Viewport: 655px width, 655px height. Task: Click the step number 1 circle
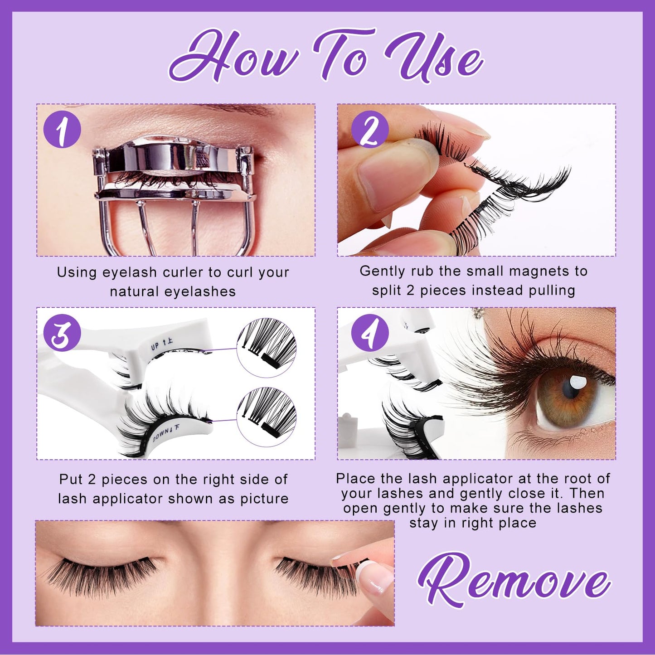62,130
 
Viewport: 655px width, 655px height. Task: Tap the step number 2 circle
370,130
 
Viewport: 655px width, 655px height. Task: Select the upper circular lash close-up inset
267,347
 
